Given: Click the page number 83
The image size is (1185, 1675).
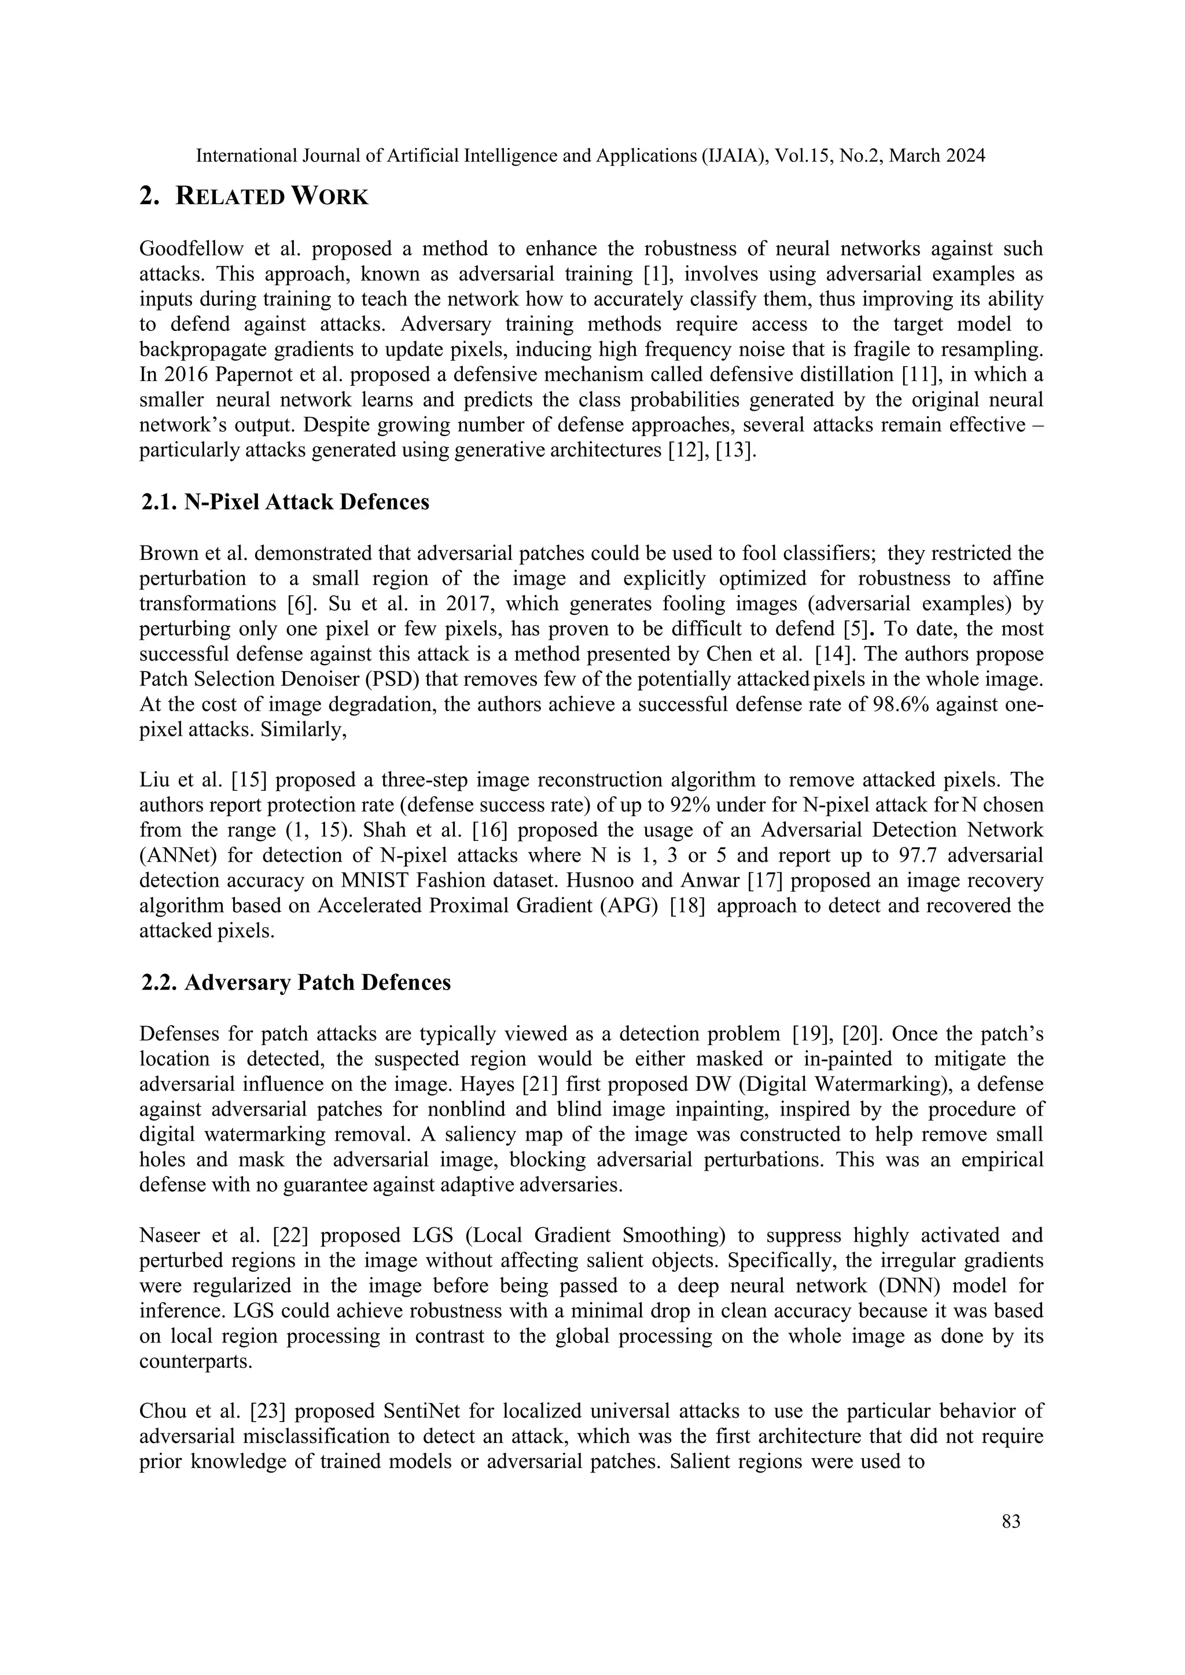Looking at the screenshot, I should [x=1011, y=1522].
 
